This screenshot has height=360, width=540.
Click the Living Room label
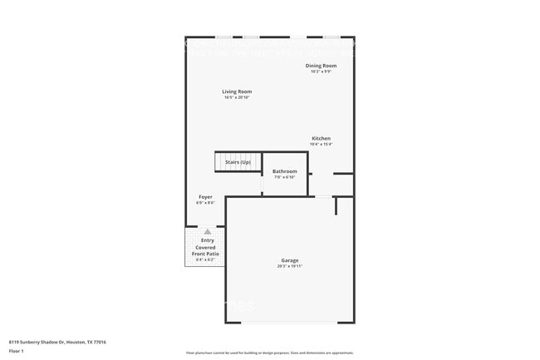(237, 91)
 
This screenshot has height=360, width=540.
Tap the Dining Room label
(321, 65)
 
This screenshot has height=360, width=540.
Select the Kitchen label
(321, 138)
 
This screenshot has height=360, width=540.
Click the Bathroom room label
(284, 171)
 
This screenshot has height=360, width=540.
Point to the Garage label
(289, 260)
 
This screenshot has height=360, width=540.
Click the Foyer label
(205, 197)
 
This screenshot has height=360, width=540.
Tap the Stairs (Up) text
(238, 161)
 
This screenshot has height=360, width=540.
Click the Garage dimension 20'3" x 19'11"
(289, 266)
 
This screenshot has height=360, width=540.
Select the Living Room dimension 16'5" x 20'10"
(237, 97)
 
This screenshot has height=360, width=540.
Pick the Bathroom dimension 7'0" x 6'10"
(284, 177)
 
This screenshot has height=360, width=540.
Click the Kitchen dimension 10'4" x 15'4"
(321, 144)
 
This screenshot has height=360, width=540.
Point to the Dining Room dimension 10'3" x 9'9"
(321, 71)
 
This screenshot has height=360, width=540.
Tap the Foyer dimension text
(205, 203)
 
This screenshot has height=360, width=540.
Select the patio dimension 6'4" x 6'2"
(205, 260)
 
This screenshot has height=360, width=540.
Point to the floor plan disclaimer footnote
(269, 353)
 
